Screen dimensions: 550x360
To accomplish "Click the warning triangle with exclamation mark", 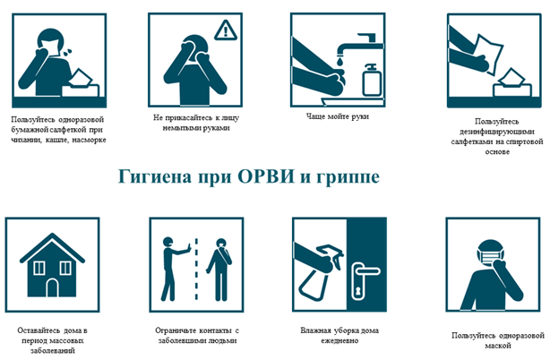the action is [226, 30].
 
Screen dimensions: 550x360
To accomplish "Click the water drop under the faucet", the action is [339, 62].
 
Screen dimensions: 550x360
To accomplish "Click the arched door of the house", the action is [52, 287].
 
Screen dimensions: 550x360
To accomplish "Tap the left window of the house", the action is [39, 268].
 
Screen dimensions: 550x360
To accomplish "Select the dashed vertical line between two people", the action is [196, 269].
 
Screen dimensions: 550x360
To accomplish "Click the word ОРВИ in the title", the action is [266, 176].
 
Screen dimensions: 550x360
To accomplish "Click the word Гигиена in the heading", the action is [155, 176].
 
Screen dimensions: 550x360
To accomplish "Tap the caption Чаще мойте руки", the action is [338, 116].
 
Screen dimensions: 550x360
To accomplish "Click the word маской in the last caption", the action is [498, 346].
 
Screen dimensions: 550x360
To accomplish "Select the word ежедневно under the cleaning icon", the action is [339, 340].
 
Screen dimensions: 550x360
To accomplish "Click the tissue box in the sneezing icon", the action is [81, 83].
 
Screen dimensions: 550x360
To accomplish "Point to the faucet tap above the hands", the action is [361, 44].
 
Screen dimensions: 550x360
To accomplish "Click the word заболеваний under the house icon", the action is [53, 350].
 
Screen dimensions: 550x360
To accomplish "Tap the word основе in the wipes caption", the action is [497, 151].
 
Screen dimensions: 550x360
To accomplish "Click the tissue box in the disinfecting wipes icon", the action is [512, 83].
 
